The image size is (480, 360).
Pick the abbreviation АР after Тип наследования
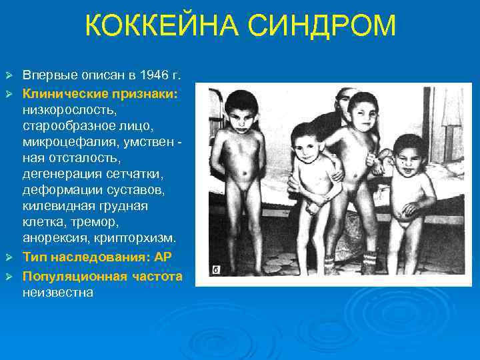coord(164,257)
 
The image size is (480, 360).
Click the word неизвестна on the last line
coord(57,291)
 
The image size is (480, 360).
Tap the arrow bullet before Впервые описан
coord(9,73)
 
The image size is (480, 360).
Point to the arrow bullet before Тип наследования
coord(9,257)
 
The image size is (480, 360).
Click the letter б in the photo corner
coord(216,270)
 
